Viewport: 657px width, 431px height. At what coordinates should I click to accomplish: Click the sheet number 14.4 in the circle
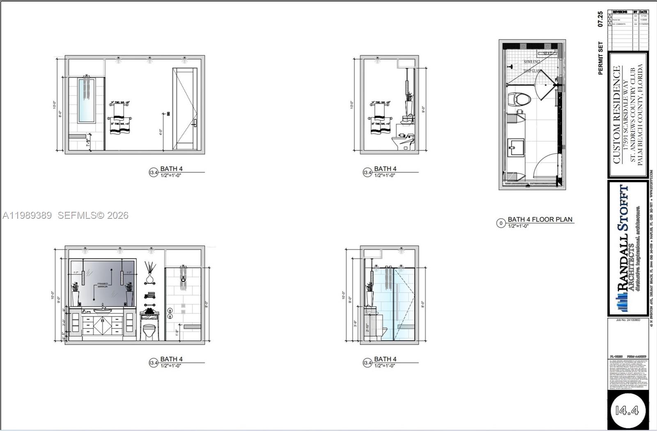point(627,410)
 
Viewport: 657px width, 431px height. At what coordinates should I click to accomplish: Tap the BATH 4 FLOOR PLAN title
point(540,219)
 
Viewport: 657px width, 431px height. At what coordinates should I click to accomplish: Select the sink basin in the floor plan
point(516,147)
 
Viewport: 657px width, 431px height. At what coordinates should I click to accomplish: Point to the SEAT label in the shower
point(547,53)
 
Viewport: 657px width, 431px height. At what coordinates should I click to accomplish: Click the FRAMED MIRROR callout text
point(103,285)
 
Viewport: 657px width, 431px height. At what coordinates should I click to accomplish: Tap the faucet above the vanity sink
point(102,306)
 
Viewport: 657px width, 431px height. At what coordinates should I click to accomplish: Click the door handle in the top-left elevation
point(195,123)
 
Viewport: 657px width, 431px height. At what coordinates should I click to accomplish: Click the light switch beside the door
point(168,114)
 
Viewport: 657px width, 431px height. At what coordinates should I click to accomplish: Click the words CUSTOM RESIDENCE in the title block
point(616,115)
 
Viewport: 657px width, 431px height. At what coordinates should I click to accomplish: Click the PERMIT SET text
point(600,58)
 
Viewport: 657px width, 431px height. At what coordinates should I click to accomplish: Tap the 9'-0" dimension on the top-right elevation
point(423,109)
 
